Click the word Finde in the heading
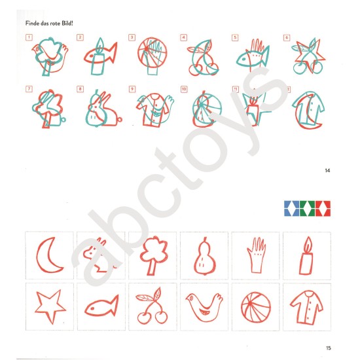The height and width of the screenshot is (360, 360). pos(31,24)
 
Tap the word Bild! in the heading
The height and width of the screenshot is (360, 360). pos(67,24)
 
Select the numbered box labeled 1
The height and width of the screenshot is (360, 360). pos(29,37)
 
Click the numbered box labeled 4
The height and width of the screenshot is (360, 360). pos(183,37)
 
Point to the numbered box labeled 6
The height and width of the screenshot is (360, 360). pos(287,37)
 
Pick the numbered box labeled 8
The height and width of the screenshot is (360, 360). pos(80,89)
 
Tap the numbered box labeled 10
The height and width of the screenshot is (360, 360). pos(184,89)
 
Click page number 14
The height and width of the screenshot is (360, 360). pos(327,170)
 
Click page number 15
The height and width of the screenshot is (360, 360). pos(329,348)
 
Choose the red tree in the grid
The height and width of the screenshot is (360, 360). pos(153,255)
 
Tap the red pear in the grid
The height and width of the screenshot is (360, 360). pos(204,257)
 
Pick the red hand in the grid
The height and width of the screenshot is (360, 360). pos(256,255)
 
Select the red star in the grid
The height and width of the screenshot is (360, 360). pos(50,306)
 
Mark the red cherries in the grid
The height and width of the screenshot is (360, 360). pos(152,306)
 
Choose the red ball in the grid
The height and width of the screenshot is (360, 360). pos(256,307)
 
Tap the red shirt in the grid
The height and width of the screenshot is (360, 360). pos(307,307)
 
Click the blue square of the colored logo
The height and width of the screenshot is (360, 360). pos(291,208)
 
